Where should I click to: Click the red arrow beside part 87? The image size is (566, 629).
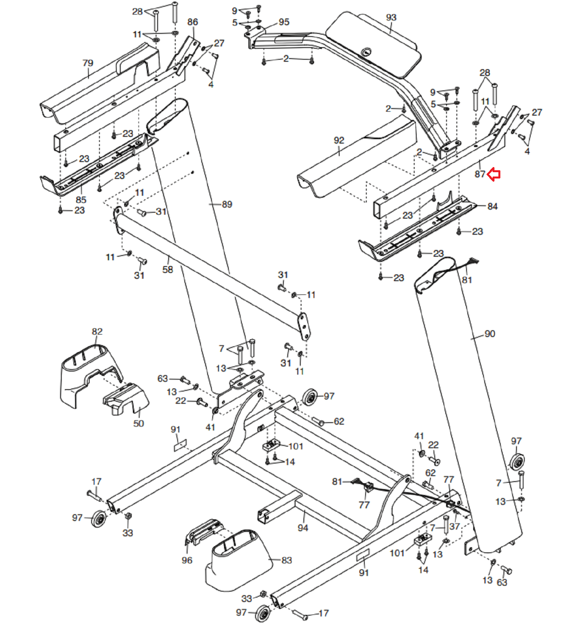494,174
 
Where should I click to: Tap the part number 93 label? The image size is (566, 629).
391,17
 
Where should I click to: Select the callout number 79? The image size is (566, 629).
88,63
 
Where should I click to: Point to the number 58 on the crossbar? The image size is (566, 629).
167,269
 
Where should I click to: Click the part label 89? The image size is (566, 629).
227,204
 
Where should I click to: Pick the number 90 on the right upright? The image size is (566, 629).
490,334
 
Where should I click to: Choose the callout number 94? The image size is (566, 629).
303,528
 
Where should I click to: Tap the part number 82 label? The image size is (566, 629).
97,331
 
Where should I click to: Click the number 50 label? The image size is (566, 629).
138,423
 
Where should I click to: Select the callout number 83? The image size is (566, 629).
287,560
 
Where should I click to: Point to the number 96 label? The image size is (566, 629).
187,560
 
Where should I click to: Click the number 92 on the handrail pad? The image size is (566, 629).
339,140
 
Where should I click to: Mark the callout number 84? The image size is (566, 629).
492,206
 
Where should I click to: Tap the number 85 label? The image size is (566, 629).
81,199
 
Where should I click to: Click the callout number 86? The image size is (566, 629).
193,22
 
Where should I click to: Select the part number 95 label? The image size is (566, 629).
284,22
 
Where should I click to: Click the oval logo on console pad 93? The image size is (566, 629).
366,51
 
